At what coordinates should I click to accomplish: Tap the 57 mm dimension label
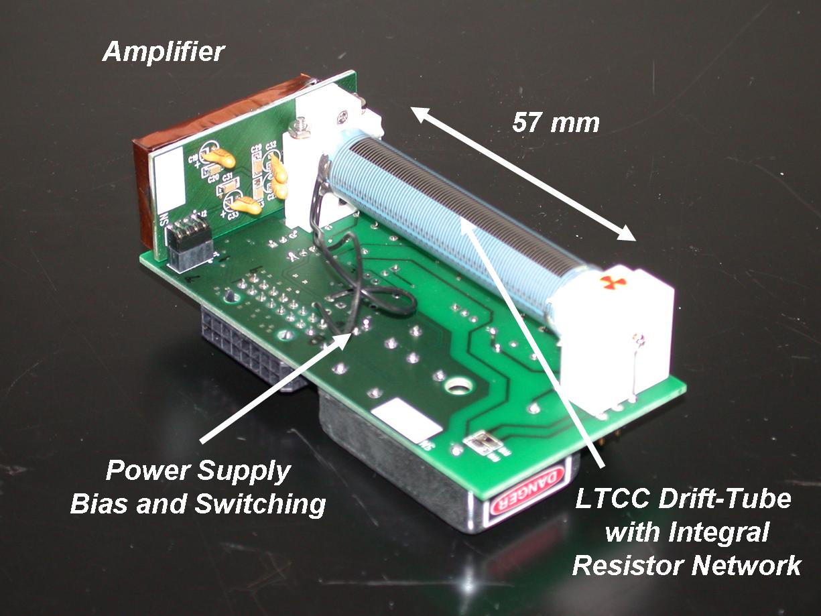click(556, 123)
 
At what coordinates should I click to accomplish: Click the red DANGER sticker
click(529, 495)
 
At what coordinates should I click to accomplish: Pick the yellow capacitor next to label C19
click(218, 158)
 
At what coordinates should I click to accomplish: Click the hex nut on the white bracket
click(300, 125)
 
